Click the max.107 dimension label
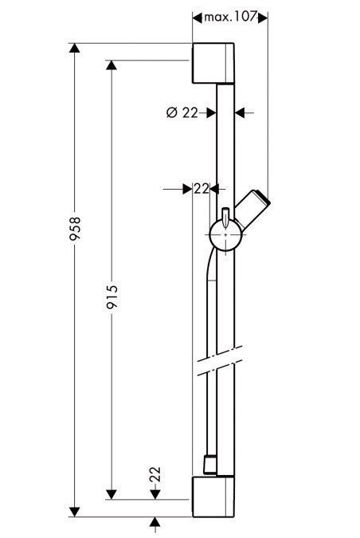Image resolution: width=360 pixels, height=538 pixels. [231, 17]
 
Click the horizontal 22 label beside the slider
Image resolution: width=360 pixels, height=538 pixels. [201, 189]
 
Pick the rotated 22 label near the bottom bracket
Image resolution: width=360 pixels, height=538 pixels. [155, 476]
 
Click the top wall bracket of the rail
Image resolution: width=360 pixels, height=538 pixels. [213, 61]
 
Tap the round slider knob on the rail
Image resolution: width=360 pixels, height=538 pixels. [224, 236]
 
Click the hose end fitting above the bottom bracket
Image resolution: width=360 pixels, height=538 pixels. [209, 463]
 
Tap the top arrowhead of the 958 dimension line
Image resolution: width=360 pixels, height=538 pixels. [76, 49]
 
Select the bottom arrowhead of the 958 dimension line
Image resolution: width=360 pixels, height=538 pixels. [76, 510]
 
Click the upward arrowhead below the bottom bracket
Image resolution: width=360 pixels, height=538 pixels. [155, 522]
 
